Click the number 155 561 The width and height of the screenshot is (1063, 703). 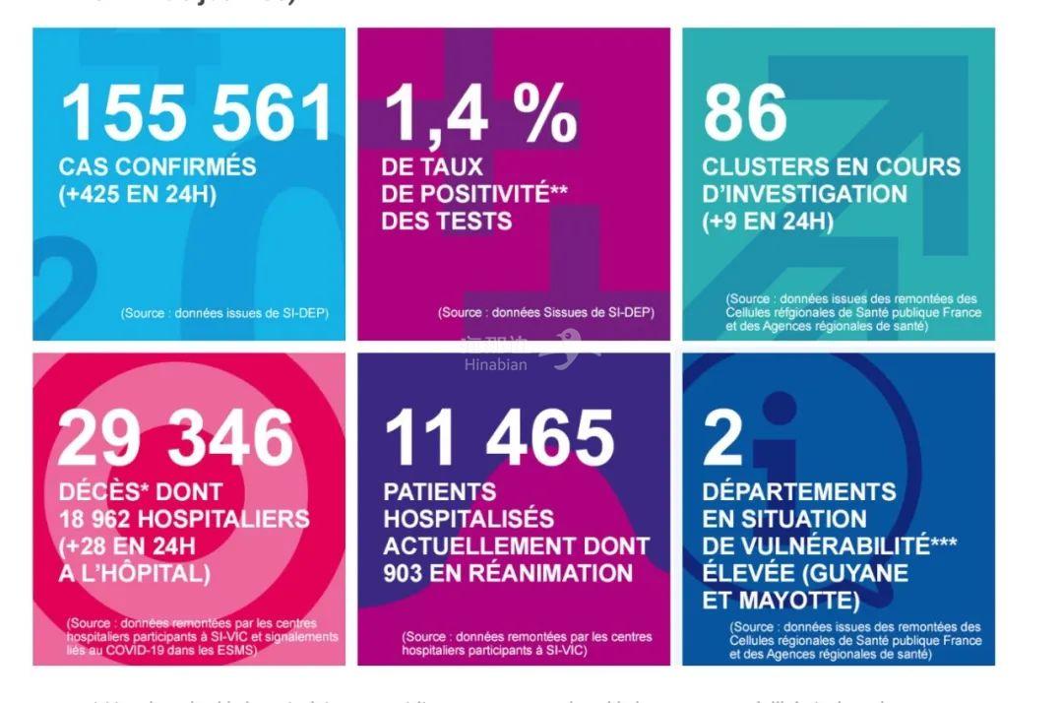pyautogui.click(x=197, y=114)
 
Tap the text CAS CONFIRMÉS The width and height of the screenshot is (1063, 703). pyautogui.click(x=157, y=166)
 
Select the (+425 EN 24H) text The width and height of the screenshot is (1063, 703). pyautogui.click(x=137, y=194)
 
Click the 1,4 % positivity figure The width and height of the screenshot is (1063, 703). pyautogui.click(x=479, y=114)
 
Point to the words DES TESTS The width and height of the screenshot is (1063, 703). pyautogui.click(x=447, y=221)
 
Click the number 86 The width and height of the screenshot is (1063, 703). pyautogui.click(x=745, y=114)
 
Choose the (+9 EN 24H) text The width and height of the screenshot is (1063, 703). pyautogui.click(x=768, y=222)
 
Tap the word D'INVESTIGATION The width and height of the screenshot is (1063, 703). pyautogui.click(x=805, y=194)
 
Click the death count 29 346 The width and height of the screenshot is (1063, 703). pyautogui.click(x=176, y=438)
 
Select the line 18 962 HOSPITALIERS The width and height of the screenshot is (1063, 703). pyautogui.click(x=183, y=519)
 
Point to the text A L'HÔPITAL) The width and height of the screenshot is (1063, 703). pyautogui.click(x=134, y=574)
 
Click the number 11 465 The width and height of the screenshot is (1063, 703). pyautogui.click(x=499, y=438)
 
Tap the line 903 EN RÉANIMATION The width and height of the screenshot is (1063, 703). pyautogui.click(x=508, y=573)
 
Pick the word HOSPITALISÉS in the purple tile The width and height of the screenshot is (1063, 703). pyautogui.click(x=469, y=519)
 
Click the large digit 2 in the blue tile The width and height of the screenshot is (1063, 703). pyautogui.click(x=723, y=438)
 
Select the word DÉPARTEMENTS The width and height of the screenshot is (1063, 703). pyautogui.click(x=799, y=491)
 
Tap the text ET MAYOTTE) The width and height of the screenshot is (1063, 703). pyautogui.click(x=781, y=600)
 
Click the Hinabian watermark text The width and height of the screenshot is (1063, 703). pyautogui.click(x=496, y=364)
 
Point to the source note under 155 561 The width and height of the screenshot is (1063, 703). pyautogui.click(x=224, y=313)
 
